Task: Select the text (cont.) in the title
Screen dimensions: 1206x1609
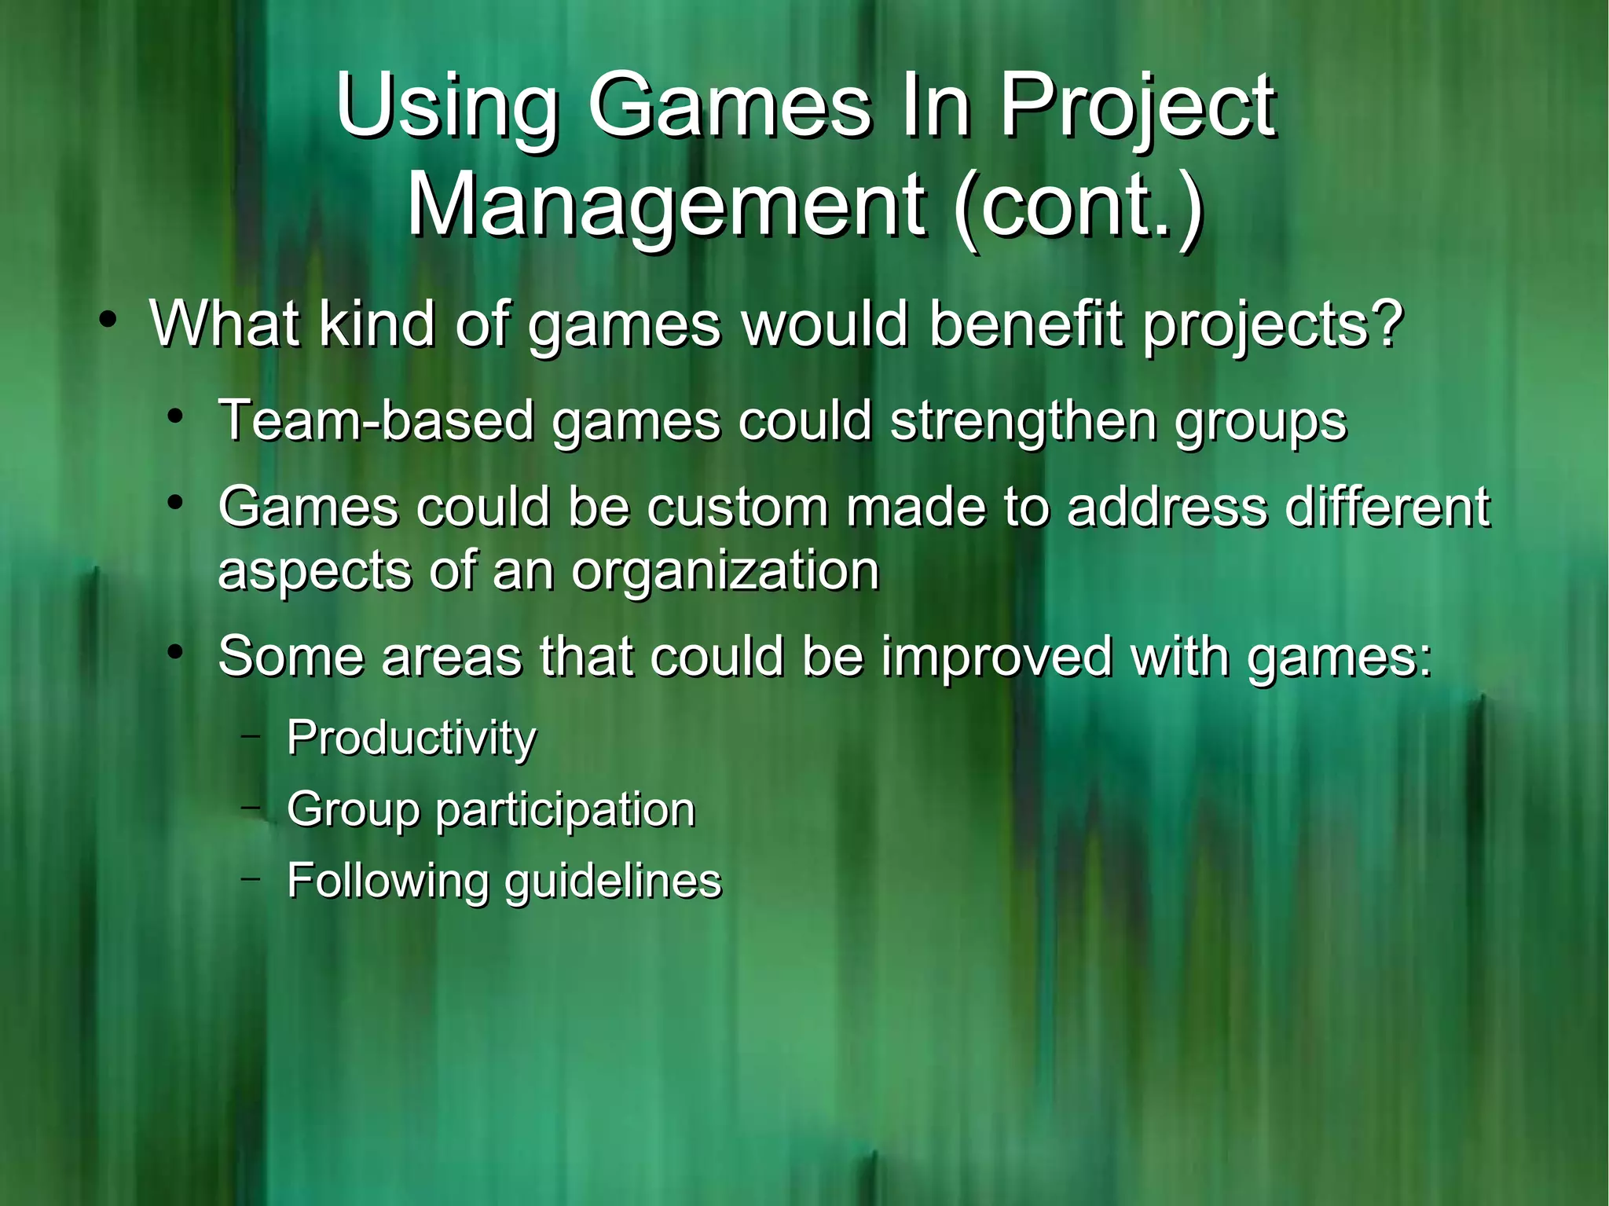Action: coord(1078,206)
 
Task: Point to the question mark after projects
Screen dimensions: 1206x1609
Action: coord(1387,324)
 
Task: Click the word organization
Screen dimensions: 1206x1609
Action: coord(724,571)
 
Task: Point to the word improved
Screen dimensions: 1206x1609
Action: coord(996,657)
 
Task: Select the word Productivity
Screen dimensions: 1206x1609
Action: coord(412,739)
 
